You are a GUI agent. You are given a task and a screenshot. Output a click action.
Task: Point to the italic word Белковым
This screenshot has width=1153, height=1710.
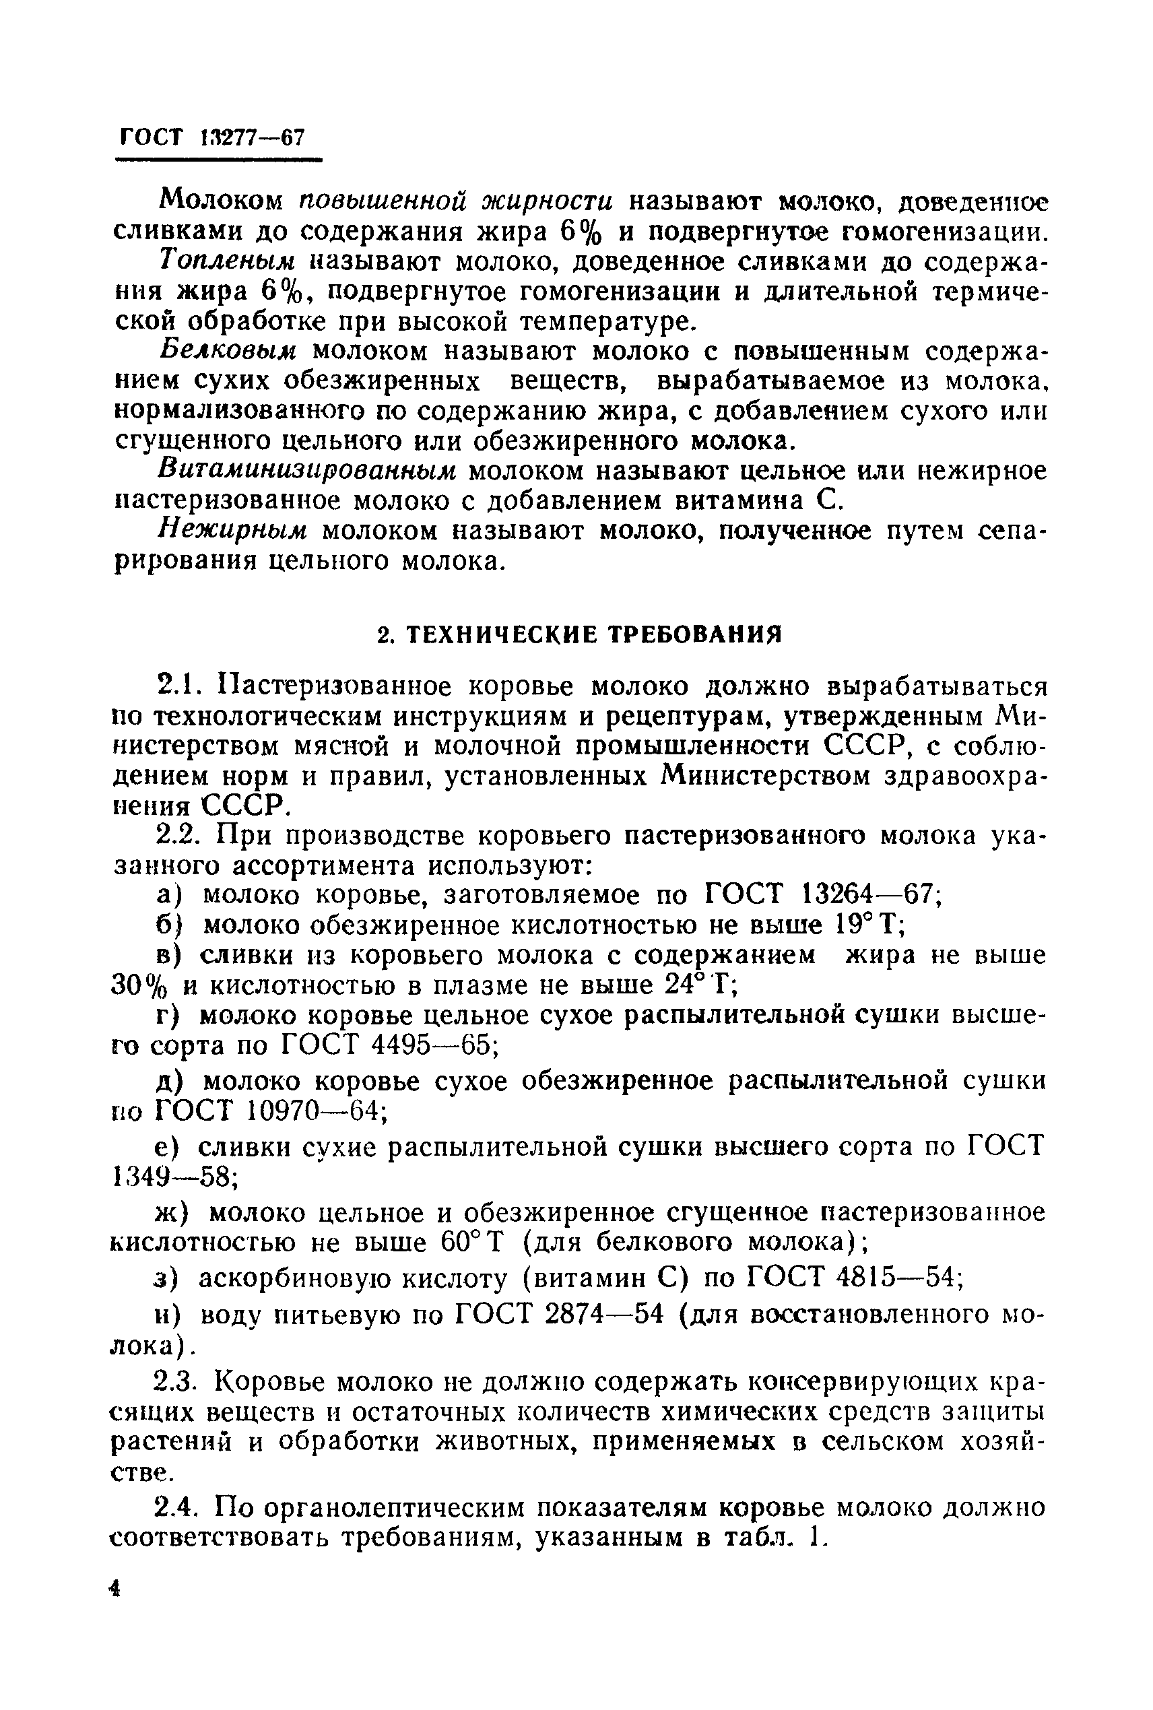[228, 352]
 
